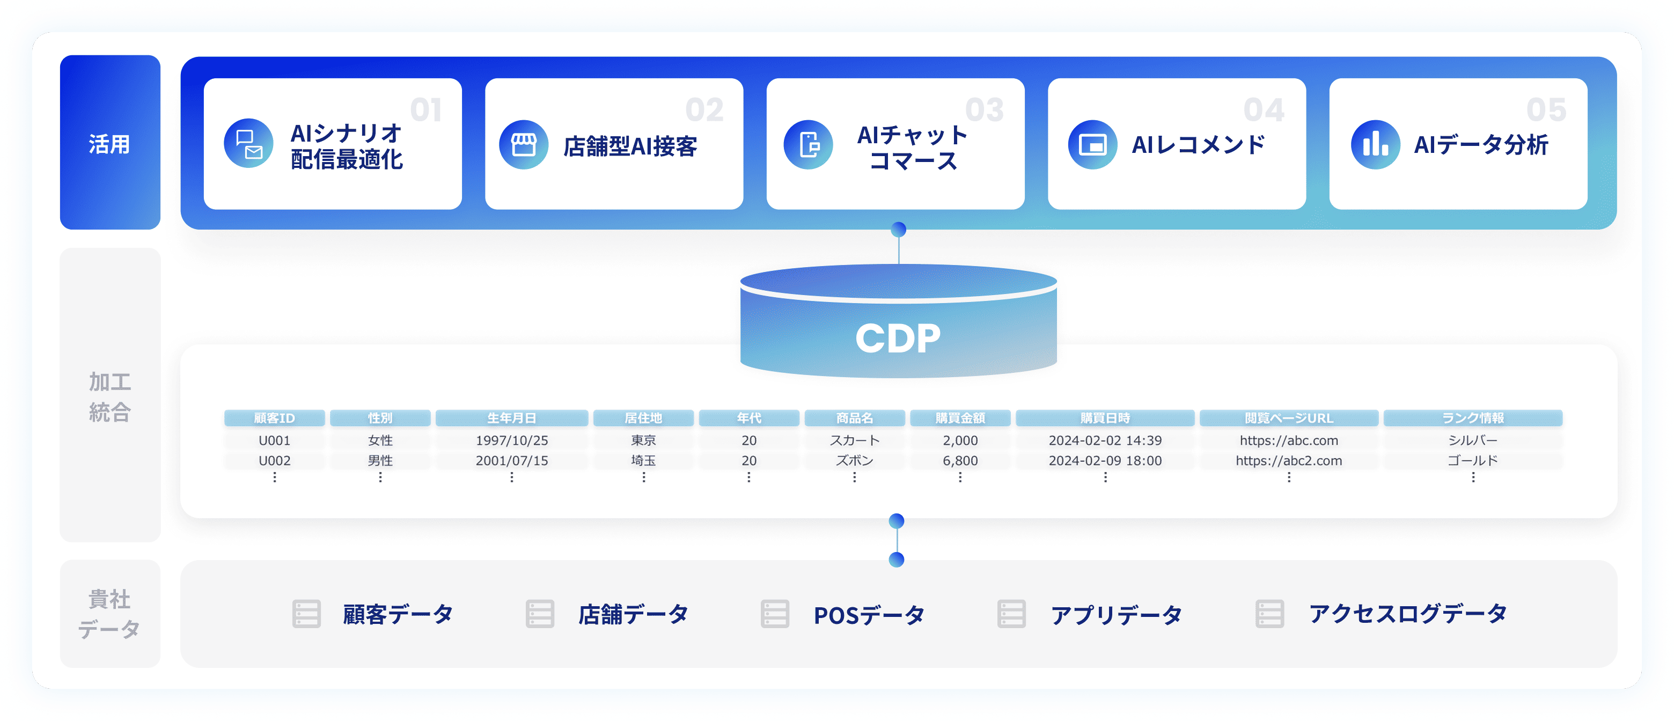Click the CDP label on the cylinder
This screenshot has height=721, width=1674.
898,338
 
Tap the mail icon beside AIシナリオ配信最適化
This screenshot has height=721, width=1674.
248,144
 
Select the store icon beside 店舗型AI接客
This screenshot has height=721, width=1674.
523,144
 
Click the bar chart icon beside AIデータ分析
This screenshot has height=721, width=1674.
1375,144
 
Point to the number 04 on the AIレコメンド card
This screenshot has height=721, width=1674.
1264,110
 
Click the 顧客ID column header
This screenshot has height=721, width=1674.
274,418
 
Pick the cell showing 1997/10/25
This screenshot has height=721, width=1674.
511,440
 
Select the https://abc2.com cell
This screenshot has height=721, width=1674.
1289,460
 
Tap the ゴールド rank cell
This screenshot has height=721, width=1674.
1473,460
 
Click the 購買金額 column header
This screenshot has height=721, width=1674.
960,418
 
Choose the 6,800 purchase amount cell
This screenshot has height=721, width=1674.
960,460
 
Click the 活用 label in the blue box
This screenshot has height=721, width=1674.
109,144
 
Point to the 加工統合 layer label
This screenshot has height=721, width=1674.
110,396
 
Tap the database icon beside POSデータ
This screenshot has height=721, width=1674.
775,613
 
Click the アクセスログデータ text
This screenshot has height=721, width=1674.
1407,613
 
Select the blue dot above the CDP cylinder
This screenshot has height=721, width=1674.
898,229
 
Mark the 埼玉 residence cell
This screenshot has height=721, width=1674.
643,460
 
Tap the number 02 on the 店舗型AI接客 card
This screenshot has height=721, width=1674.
704,110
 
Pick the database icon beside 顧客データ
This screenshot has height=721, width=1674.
306,613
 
